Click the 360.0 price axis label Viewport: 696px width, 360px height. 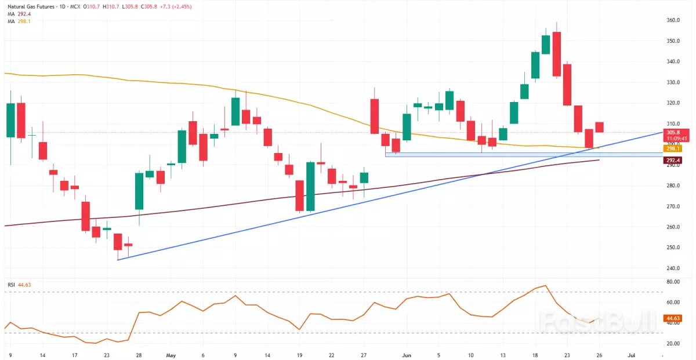point(674,20)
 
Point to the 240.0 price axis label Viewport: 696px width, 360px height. point(674,268)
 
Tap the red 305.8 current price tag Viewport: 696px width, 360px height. point(676,132)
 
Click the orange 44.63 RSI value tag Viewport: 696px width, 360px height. point(673,318)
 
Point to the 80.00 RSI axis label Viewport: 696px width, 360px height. point(673,282)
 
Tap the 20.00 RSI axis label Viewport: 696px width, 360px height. point(673,344)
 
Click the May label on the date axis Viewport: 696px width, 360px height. point(170,354)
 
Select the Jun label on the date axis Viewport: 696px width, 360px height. point(406,354)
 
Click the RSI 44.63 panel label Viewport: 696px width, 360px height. point(18,285)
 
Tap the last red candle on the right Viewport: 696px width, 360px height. point(600,127)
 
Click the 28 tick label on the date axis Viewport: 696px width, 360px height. point(139,354)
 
